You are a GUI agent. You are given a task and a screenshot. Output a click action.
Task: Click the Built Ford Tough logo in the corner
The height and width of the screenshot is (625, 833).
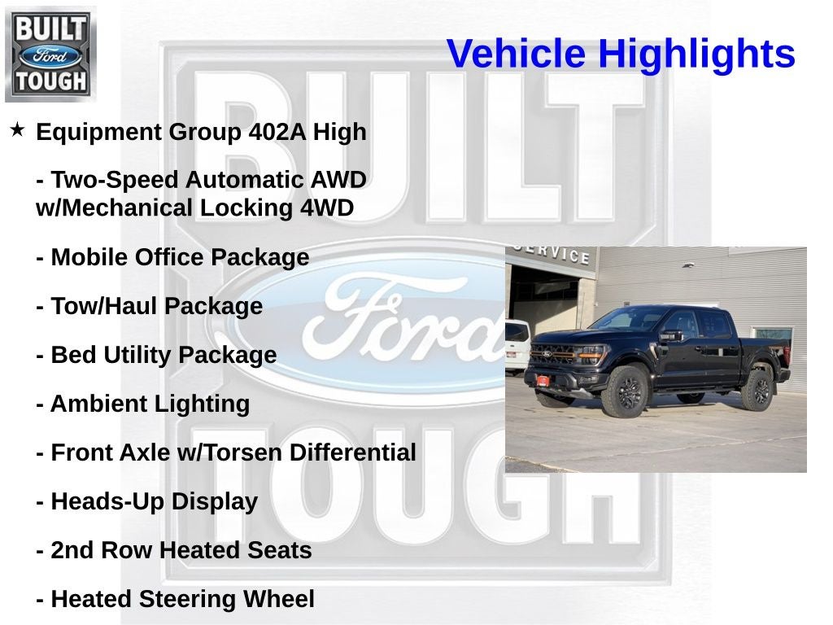point(50,54)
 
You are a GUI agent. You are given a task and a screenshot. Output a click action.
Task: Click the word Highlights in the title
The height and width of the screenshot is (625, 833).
point(696,55)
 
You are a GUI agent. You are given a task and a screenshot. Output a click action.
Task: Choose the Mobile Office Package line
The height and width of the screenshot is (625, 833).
point(172,258)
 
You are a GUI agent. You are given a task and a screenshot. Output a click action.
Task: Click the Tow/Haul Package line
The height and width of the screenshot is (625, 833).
point(150,307)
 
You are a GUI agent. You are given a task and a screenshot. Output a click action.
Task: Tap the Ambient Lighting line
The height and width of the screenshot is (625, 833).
point(143,404)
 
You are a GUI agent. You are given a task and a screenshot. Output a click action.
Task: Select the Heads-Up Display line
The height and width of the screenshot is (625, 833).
point(147,502)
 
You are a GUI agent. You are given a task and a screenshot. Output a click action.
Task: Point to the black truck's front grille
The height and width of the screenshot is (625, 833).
point(553,355)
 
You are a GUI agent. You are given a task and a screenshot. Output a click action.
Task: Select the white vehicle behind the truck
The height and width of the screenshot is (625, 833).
point(517,344)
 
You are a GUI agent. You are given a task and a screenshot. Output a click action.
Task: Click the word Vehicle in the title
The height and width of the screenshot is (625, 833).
point(517,55)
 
